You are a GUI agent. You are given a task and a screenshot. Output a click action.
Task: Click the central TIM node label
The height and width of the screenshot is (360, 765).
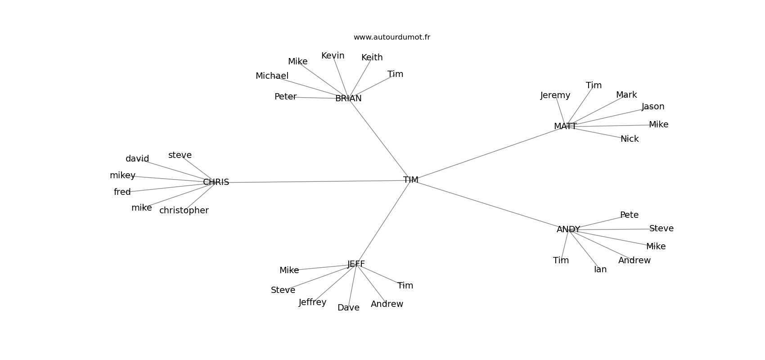click(411, 180)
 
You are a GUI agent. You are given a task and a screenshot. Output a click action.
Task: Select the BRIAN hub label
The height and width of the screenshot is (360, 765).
click(348, 99)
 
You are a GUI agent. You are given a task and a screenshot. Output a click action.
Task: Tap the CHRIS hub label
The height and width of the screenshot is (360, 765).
click(216, 182)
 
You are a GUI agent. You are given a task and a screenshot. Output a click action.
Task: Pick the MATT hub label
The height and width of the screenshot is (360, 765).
click(565, 126)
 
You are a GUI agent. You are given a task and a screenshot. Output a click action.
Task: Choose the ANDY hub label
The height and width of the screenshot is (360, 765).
click(568, 229)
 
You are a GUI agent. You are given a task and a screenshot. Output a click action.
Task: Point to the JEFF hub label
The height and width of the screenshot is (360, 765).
click(356, 264)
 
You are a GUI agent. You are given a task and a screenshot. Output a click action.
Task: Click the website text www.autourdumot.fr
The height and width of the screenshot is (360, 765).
click(391, 37)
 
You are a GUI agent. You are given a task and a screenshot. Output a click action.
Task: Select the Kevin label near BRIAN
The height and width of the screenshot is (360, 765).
click(333, 56)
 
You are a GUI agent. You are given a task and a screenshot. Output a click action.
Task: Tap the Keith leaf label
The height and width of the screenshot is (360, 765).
click(372, 58)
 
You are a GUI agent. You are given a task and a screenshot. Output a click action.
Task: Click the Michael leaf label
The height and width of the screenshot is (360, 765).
click(272, 76)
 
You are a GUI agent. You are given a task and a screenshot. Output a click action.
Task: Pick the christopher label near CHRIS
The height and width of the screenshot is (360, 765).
click(184, 211)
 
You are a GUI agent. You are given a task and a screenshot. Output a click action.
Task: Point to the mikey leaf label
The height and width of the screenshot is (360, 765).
click(122, 175)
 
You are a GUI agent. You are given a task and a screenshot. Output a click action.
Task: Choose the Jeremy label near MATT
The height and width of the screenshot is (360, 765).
click(555, 95)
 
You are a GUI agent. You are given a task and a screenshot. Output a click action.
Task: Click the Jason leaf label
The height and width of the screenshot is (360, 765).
click(653, 107)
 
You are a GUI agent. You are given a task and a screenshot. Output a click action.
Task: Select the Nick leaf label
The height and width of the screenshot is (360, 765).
click(630, 139)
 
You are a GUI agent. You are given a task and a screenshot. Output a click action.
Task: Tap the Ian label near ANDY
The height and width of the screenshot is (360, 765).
click(600, 270)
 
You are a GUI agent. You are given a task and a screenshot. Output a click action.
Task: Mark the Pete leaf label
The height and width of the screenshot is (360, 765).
click(629, 215)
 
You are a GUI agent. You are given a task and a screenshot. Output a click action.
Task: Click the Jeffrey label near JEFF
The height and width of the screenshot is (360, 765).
click(312, 302)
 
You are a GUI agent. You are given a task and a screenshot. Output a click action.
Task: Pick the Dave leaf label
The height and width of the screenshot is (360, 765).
click(348, 308)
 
